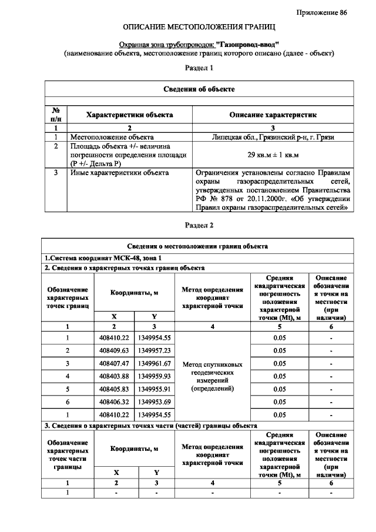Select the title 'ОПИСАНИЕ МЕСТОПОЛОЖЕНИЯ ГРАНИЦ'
[x=199, y=28]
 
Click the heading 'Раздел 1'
[x=199, y=68]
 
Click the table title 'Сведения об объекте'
[x=199, y=89]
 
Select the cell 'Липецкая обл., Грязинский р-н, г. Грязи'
[x=273, y=136]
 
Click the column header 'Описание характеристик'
[x=273, y=115]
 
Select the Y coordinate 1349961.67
[x=155, y=363]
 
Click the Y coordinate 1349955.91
[x=155, y=389]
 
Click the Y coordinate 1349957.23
[x=155, y=350]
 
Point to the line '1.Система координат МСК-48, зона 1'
[x=102, y=258]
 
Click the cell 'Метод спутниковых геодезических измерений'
[x=213, y=376]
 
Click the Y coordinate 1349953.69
[x=155, y=402]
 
